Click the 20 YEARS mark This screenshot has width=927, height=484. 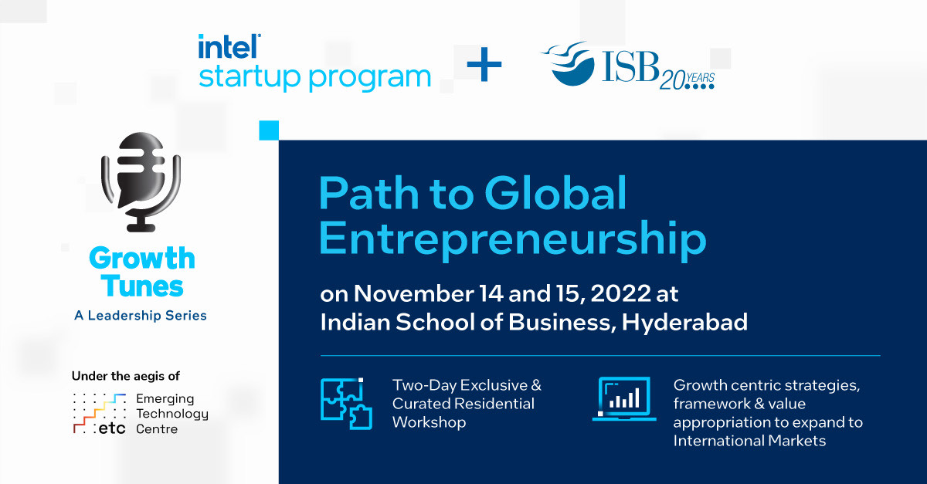click(x=687, y=80)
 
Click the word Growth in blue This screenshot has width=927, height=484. click(x=141, y=259)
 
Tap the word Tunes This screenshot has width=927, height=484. click(x=141, y=286)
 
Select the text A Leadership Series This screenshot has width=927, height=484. click(x=141, y=316)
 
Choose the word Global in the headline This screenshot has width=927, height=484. click(x=555, y=194)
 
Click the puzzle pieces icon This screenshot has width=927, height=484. click(x=346, y=404)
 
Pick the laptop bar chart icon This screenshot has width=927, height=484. click(x=624, y=399)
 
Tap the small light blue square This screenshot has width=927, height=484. click(x=269, y=130)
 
